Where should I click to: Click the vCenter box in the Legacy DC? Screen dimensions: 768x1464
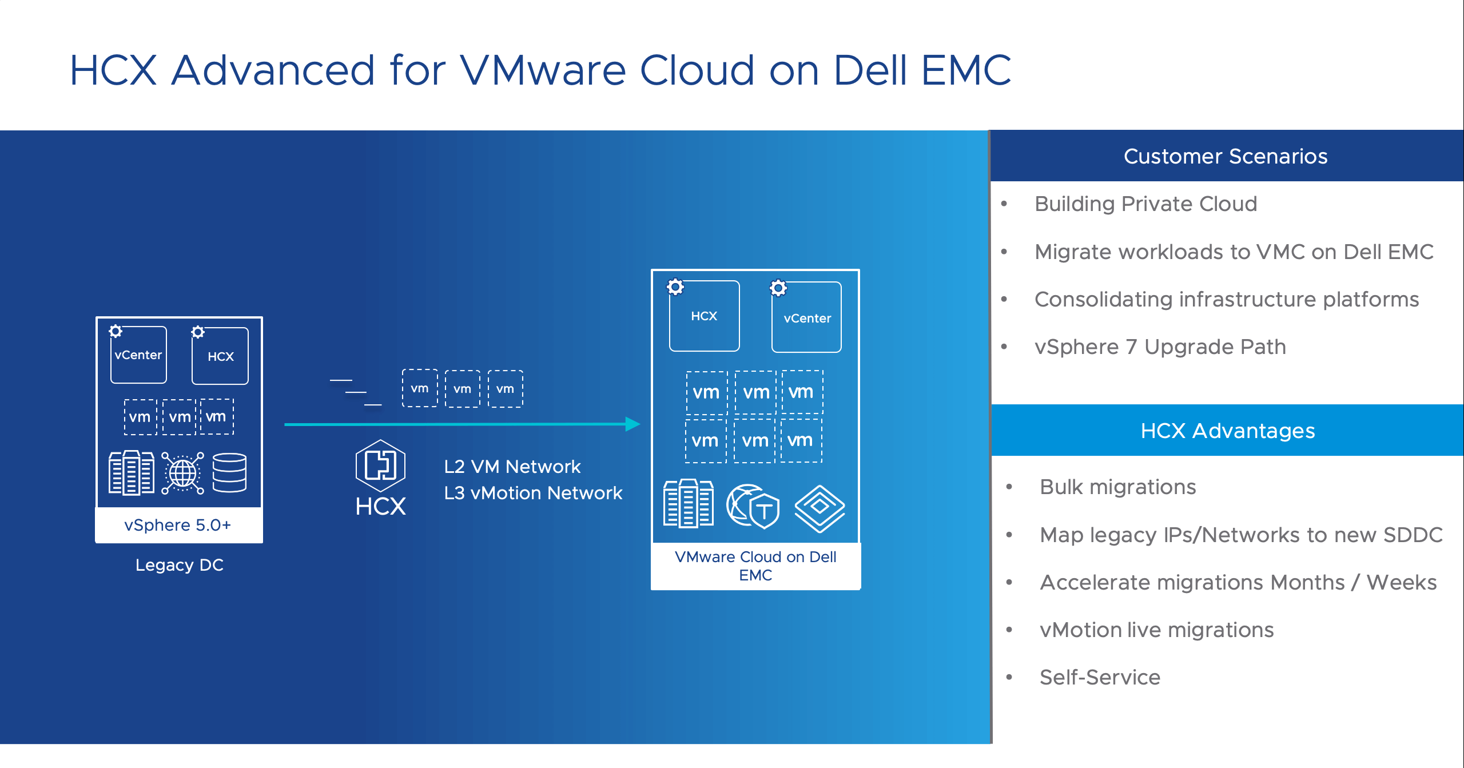(138, 355)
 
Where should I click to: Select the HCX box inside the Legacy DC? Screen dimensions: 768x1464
(220, 356)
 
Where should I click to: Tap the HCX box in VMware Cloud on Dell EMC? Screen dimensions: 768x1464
(704, 316)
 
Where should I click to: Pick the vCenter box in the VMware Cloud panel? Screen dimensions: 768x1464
(806, 318)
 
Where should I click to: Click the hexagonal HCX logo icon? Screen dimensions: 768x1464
(380, 465)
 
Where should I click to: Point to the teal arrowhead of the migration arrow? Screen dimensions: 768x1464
(632, 424)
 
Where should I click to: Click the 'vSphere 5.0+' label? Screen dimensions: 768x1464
(178, 525)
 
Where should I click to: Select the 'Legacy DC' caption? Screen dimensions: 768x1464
(179, 565)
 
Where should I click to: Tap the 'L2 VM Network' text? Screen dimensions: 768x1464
(512, 467)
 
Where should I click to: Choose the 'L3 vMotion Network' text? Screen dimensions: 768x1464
(533, 493)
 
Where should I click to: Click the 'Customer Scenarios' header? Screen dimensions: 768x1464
(1226, 156)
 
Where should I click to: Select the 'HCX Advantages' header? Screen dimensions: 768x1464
(1227, 431)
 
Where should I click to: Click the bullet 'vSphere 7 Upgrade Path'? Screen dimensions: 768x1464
(1160, 347)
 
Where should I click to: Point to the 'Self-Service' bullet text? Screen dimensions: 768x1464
(1100, 677)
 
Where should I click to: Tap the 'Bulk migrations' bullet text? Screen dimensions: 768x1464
(1117, 487)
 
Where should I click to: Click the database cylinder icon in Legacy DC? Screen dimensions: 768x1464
(229, 473)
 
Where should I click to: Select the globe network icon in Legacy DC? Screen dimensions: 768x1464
(182, 473)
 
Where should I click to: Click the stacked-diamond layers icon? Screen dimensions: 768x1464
(819, 508)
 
